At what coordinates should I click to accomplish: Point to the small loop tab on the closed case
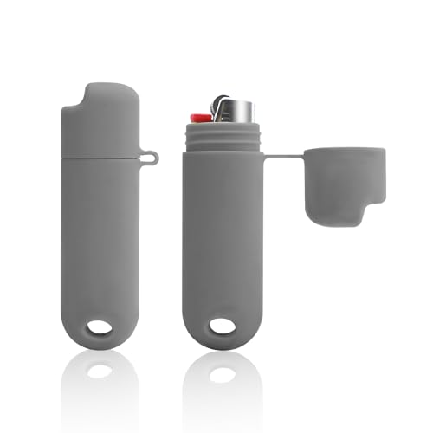(x=152, y=158)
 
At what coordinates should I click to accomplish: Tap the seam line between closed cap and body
(x=102, y=158)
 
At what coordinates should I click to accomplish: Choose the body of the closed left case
(x=100, y=242)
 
